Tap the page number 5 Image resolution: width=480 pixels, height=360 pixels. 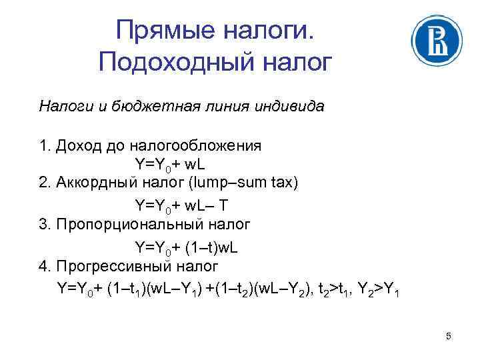point(449,337)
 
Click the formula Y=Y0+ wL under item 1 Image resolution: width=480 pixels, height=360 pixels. point(173,164)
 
